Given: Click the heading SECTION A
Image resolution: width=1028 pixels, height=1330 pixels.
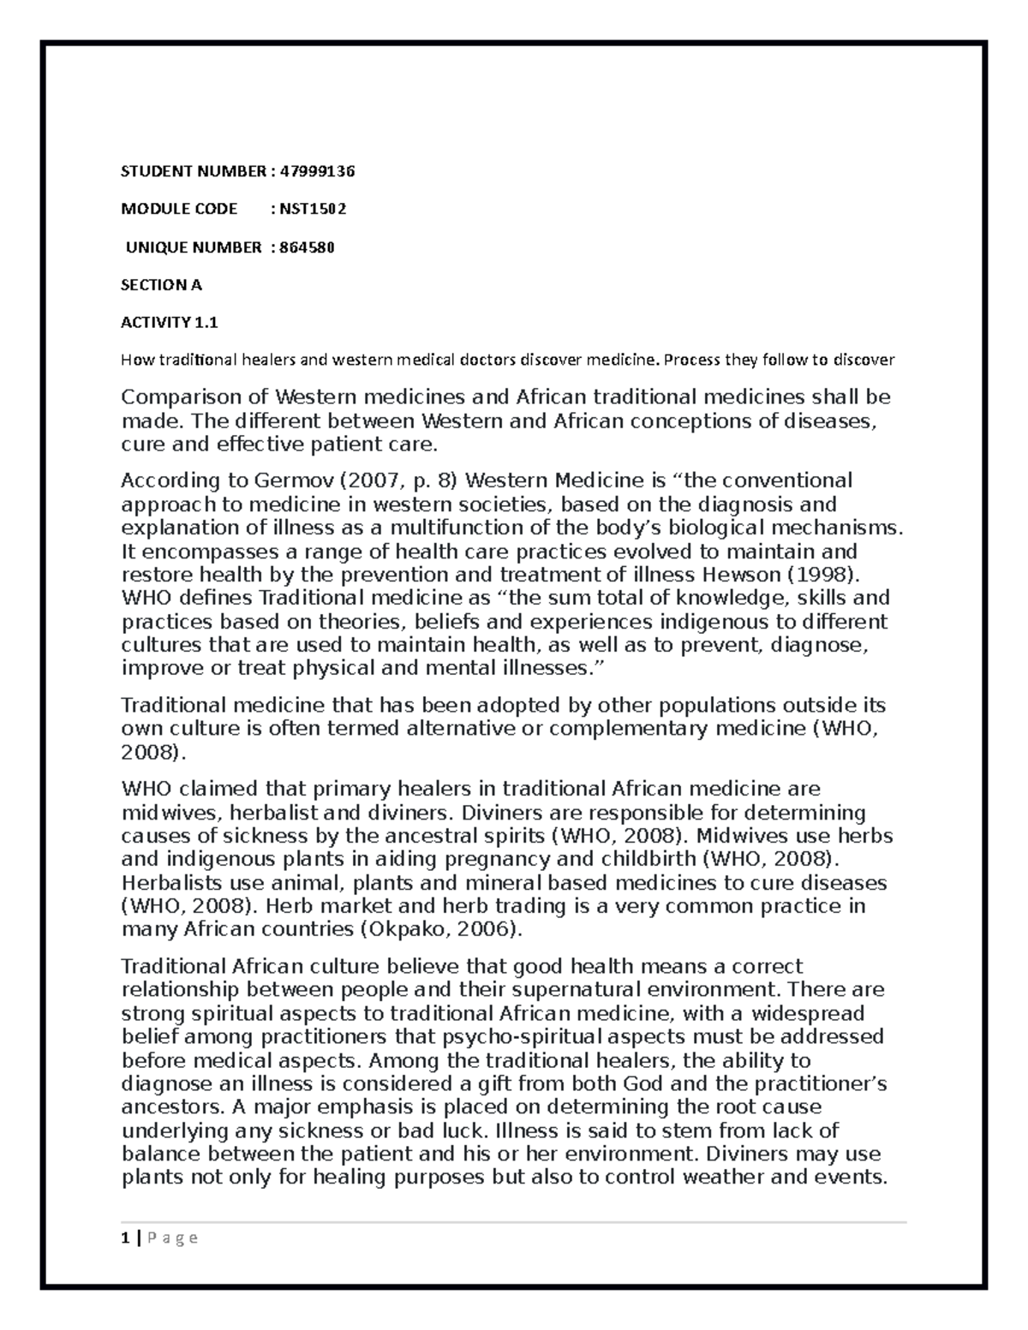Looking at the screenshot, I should pos(161,284).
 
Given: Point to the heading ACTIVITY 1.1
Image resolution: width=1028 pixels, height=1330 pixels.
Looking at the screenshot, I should pos(170,322).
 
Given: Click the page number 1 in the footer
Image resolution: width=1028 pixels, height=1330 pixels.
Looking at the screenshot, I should pos(125,1238).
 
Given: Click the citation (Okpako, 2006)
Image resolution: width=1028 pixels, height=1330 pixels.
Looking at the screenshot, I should pos(440,929).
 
